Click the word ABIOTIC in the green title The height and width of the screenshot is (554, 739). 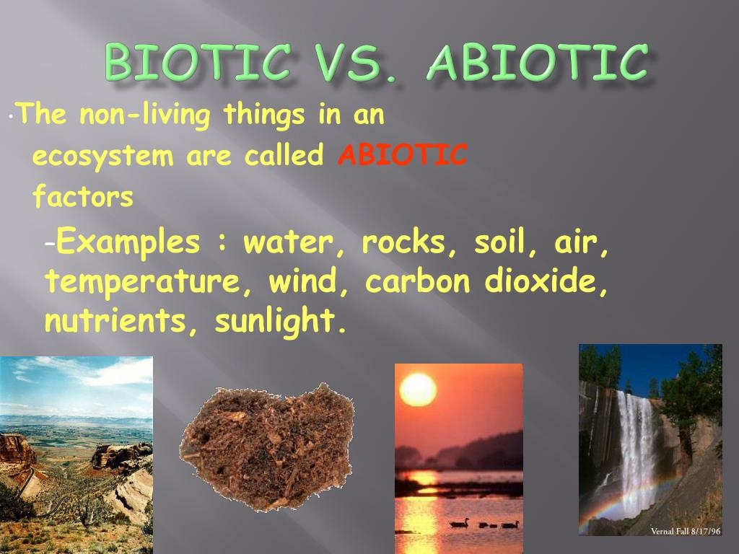coord(535,63)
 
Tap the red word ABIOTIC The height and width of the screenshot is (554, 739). coord(403,155)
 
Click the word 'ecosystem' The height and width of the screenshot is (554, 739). coord(103,156)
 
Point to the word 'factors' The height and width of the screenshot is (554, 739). coord(83,196)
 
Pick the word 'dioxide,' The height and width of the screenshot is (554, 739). coord(546,282)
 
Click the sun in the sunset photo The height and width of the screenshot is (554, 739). coord(418,390)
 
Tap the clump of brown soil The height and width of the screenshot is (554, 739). coord(267,447)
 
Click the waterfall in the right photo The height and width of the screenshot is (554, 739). coord(636,440)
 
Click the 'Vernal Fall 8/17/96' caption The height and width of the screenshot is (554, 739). coord(685,531)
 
